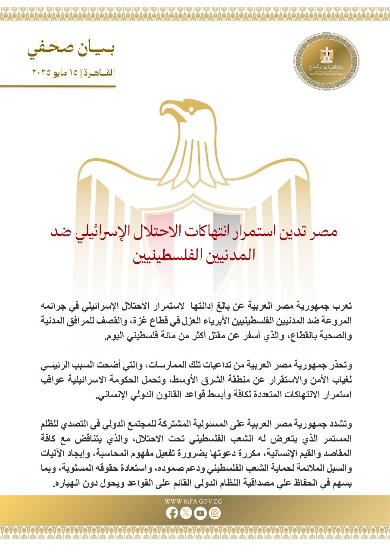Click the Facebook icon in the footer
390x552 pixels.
click(x=172, y=513)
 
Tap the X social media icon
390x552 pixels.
click(x=186, y=513)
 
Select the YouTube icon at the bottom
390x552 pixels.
click(x=200, y=513)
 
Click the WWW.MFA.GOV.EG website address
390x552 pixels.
click(x=193, y=502)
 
